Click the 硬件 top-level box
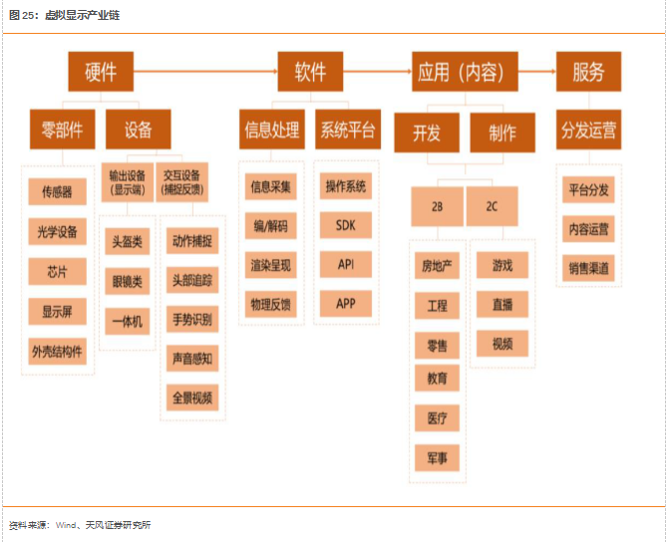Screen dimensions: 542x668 click(x=101, y=72)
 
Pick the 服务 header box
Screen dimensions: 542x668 click(x=588, y=72)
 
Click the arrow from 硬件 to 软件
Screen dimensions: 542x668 click(x=204, y=72)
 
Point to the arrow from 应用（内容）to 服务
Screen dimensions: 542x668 click(x=532, y=72)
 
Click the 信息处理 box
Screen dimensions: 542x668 click(x=272, y=130)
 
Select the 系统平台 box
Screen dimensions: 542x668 click(x=346, y=130)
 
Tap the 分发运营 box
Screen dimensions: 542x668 click(x=588, y=130)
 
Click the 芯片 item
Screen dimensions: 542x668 click(x=57, y=272)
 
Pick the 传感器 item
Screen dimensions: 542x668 click(x=57, y=191)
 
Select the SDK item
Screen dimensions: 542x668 click(x=346, y=225)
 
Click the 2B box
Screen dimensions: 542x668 click(x=437, y=206)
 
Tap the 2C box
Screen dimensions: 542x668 click(x=493, y=206)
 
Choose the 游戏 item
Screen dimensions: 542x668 click(x=501, y=266)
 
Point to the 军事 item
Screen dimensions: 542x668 click(x=437, y=457)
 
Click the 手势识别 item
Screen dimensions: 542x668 click(x=191, y=319)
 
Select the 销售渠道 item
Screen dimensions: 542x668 click(x=588, y=267)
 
